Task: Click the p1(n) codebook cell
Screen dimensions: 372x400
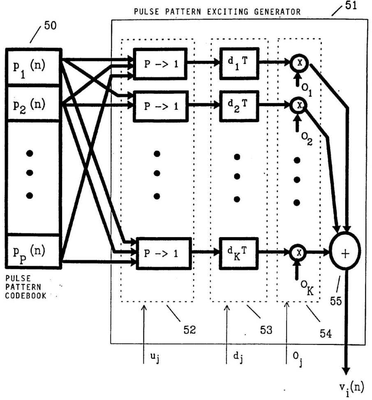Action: coord(33,67)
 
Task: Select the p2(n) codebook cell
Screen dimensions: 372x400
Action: coord(33,103)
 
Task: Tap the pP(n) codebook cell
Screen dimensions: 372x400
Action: coord(33,251)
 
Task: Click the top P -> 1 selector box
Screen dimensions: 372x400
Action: coord(160,64)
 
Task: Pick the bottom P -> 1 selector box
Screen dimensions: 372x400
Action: coord(164,253)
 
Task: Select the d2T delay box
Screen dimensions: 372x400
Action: coord(239,106)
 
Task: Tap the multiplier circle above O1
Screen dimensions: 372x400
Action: coord(299,63)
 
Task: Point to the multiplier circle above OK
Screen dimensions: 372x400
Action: coord(299,253)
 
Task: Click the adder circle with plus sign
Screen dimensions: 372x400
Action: coord(345,251)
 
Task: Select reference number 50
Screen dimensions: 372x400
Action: coord(51,26)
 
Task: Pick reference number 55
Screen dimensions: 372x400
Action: coord(336,301)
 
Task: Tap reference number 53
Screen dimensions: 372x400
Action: coord(266,330)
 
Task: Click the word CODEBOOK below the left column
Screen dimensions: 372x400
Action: coord(26,296)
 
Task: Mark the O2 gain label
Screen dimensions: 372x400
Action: coord(307,139)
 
